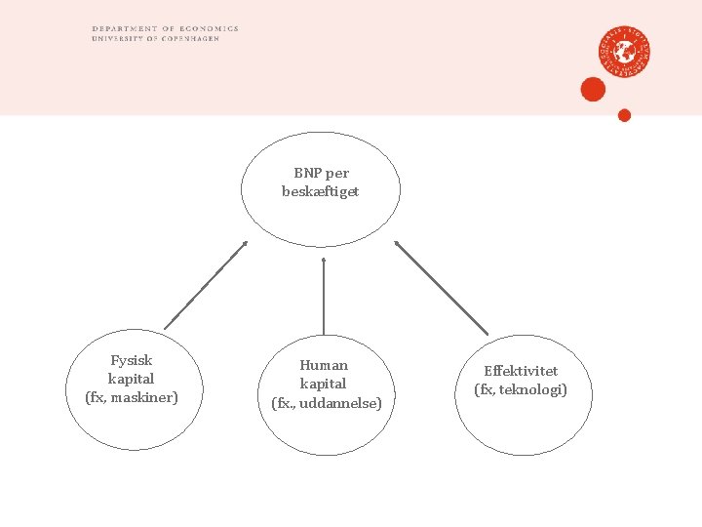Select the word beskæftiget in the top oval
click(321, 191)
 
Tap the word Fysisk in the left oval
click(132, 360)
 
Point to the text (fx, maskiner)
click(132, 397)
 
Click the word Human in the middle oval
click(324, 365)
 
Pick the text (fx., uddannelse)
click(326, 402)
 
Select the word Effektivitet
click(521, 371)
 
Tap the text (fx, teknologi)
click(521, 389)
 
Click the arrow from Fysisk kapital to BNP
click(206, 285)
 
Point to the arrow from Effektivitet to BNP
click(441, 287)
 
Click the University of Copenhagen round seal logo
click(625, 51)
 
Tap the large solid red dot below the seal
click(593, 90)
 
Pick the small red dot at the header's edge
click(625, 115)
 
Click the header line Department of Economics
click(165, 29)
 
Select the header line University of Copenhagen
click(155, 38)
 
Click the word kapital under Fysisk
click(132, 379)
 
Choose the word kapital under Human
click(324, 384)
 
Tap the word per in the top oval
click(337, 173)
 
